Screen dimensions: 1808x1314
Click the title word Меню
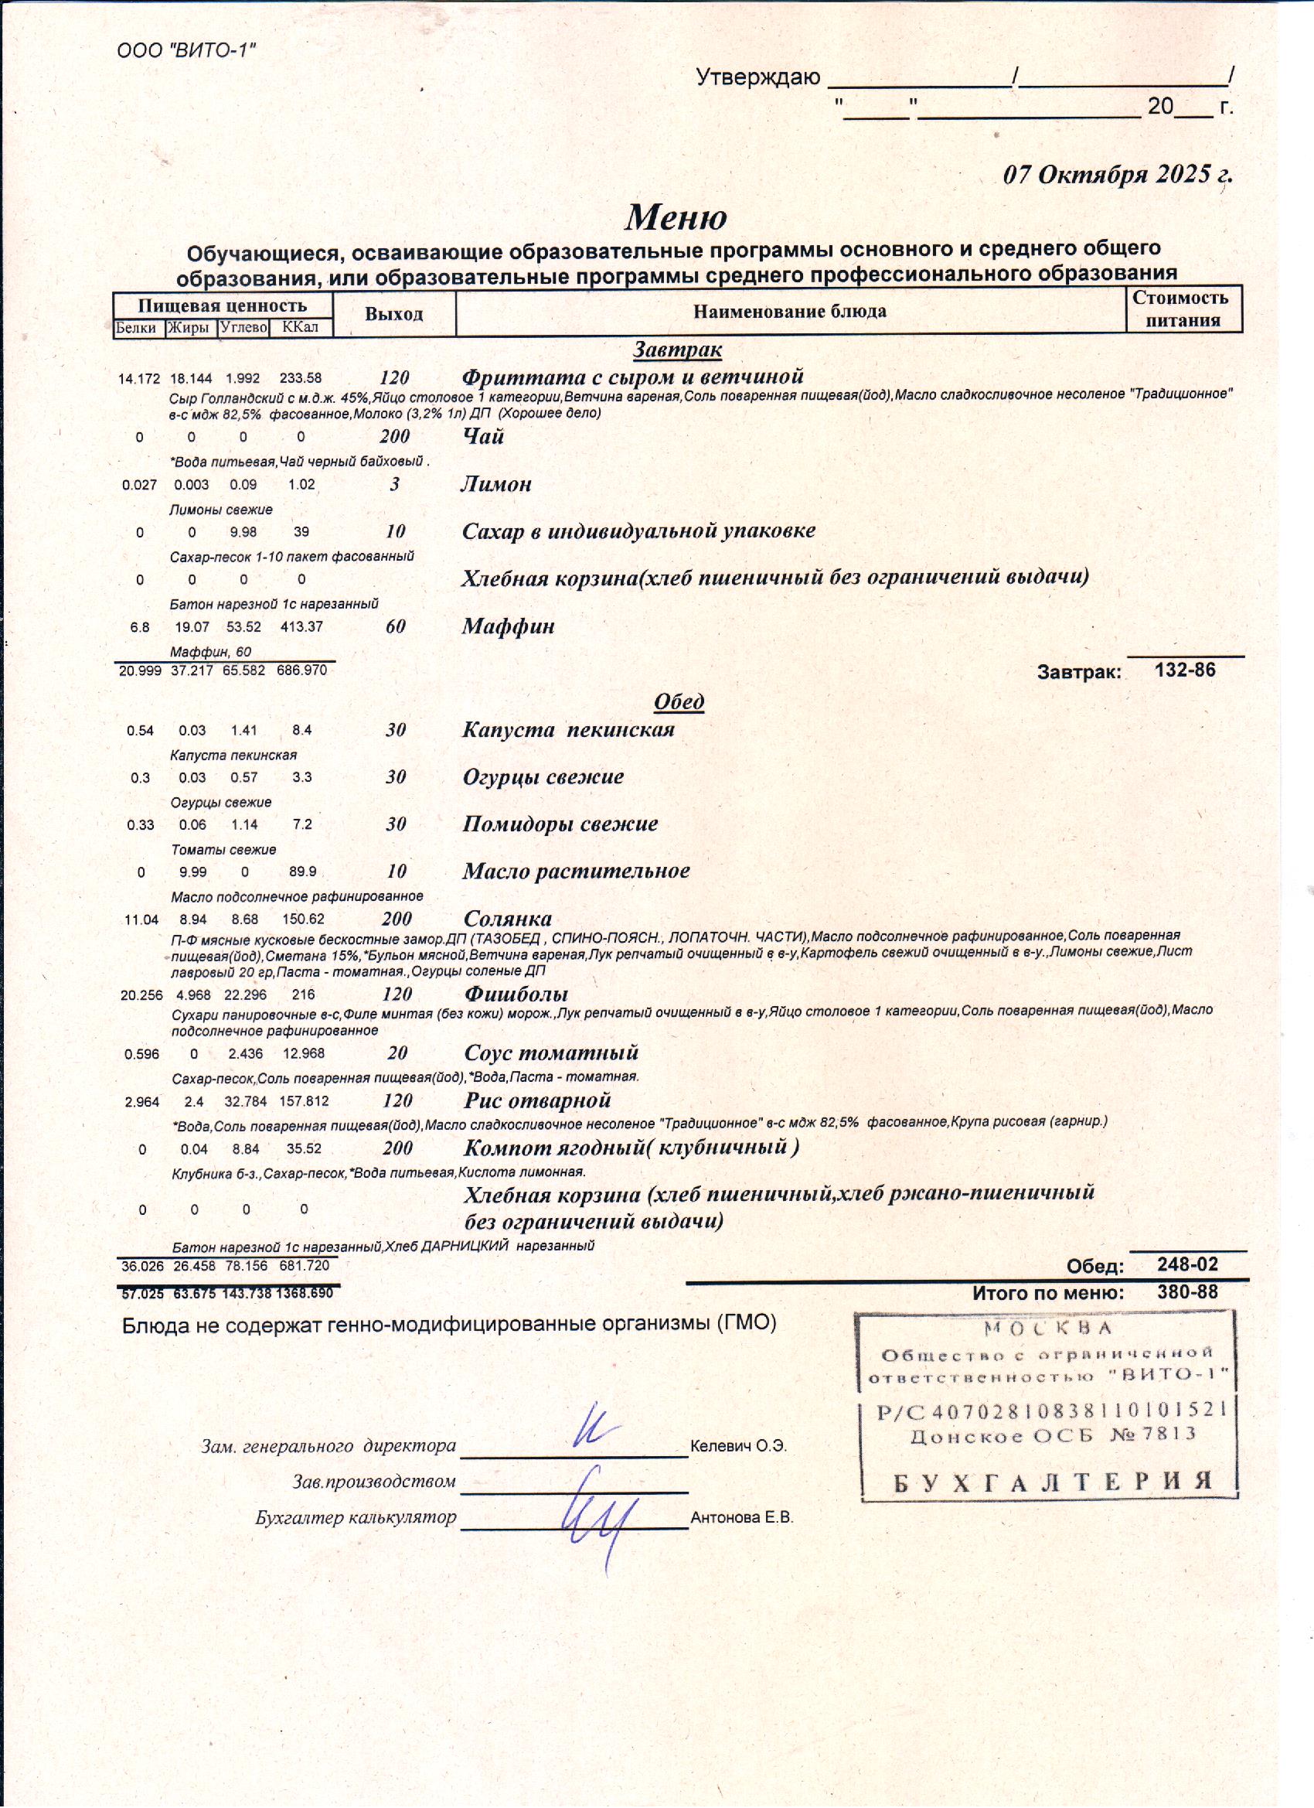(675, 217)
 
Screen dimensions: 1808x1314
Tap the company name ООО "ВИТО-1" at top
(186, 51)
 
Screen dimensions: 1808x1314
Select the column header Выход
(393, 314)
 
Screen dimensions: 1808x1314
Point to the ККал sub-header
(301, 328)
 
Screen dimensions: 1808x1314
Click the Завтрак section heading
(677, 350)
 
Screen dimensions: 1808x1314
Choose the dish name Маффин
(509, 626)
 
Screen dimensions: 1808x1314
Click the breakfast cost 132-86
(1185, 670)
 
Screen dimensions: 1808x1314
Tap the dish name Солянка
(508, 919)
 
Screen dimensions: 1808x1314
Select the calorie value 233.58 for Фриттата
(301, 379)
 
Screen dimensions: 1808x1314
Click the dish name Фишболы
(516, 994)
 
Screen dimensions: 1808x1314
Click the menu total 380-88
(1187, 1292)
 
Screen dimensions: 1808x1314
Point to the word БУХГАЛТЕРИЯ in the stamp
(1051, 1482)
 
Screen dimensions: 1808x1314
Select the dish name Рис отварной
(537, 1101)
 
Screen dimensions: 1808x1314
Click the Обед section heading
(678, 701)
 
